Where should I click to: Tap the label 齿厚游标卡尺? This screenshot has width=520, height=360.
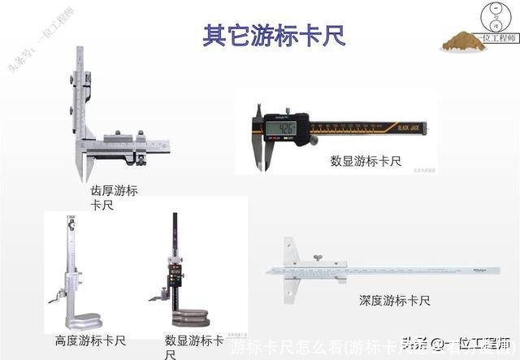pyautogui.click(x=114, y=197)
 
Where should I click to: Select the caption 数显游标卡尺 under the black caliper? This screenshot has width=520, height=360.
pyautogui.click(x=366, y=161)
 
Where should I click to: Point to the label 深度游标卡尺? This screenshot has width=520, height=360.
pyautogui.click(x=395, y=301)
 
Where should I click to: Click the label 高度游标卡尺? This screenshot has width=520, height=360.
pyautogui.click(x=89, y=340)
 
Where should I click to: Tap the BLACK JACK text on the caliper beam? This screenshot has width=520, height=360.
pyautogui.click(x=409, y=125)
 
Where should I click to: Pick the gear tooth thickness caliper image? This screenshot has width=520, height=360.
pyautogui.click(x=114, y=122)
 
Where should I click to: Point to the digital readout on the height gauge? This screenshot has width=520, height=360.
pyautogui.click(x=175, y=277)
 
